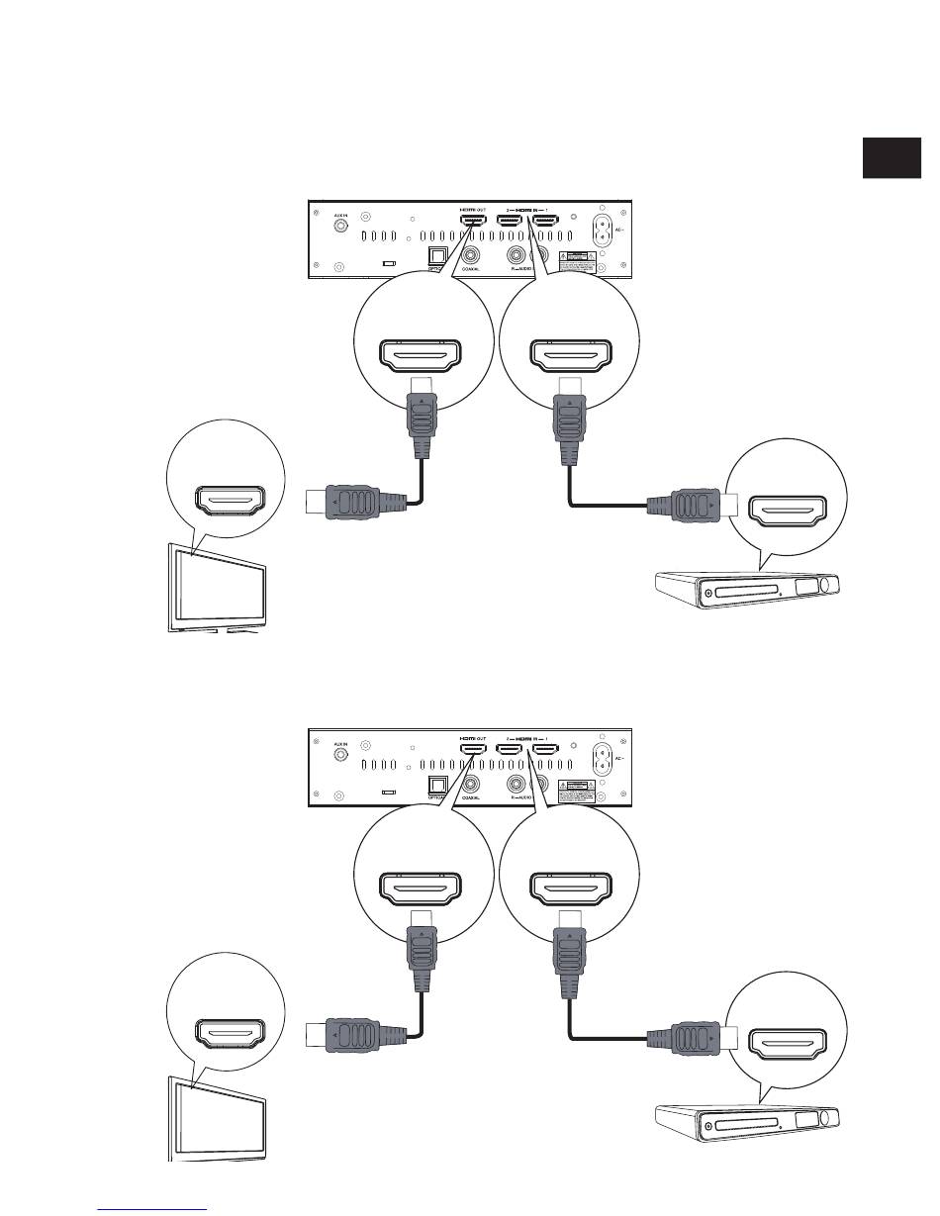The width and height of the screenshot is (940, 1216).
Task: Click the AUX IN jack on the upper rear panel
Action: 341,226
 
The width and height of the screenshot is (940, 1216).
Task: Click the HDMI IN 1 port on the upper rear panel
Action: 545,225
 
